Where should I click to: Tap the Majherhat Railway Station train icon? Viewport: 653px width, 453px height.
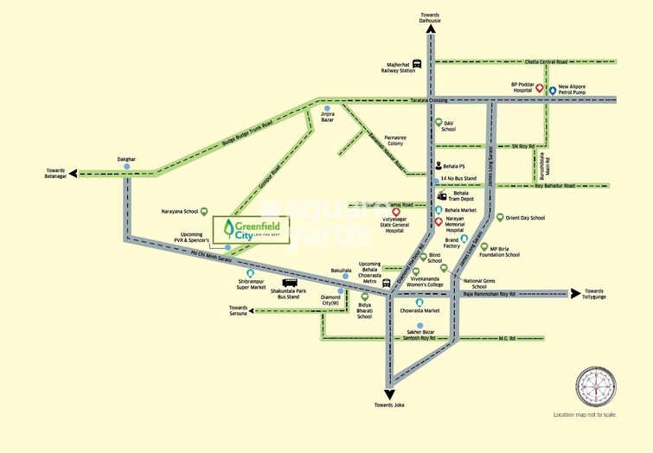418,63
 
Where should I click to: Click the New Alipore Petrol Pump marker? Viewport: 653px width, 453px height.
552,90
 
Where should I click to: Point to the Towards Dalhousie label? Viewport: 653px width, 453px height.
431,18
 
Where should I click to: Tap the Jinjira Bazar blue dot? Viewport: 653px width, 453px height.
327,108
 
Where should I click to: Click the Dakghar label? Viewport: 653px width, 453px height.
127,159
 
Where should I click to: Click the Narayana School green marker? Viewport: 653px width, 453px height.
206,210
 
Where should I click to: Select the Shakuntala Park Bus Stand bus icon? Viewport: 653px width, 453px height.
290,283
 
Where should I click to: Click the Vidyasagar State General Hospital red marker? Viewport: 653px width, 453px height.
396,212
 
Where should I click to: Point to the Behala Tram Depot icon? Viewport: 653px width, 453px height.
442,195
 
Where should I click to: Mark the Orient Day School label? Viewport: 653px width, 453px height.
525,218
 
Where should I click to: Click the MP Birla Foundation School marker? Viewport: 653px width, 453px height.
484,246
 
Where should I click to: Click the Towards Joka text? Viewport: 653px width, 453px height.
389,405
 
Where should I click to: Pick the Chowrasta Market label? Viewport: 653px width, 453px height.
419,310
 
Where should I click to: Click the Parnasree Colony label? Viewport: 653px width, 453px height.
394,139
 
